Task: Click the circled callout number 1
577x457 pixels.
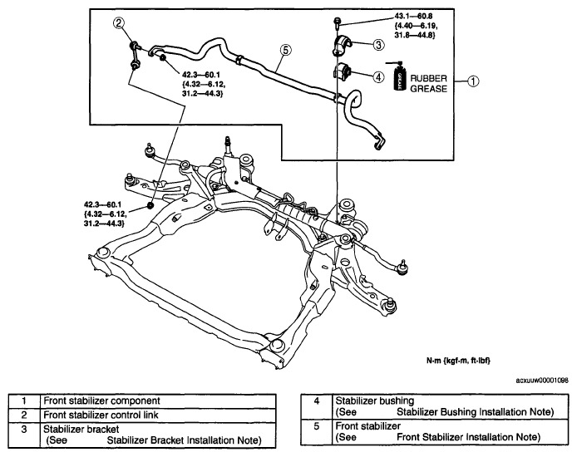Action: tap(473, 81)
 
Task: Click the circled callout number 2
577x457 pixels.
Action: tap(119, 23)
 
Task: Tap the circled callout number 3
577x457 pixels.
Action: tap(379, 45)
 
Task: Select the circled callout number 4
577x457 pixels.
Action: tap(378, 76)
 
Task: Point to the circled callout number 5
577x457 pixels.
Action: tap(285, 50)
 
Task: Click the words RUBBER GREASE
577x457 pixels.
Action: tap(429, 83)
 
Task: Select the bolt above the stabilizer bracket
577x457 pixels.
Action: tap(337, 22)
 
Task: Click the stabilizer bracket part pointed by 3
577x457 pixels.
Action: tap(343, 45)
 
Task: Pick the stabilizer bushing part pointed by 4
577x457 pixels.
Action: tap(343, 71)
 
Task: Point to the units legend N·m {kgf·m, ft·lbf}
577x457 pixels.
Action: tap(458, 361)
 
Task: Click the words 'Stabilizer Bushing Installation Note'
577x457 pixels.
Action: tap(475, 412)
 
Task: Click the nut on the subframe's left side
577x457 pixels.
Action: tap(150, 204)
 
